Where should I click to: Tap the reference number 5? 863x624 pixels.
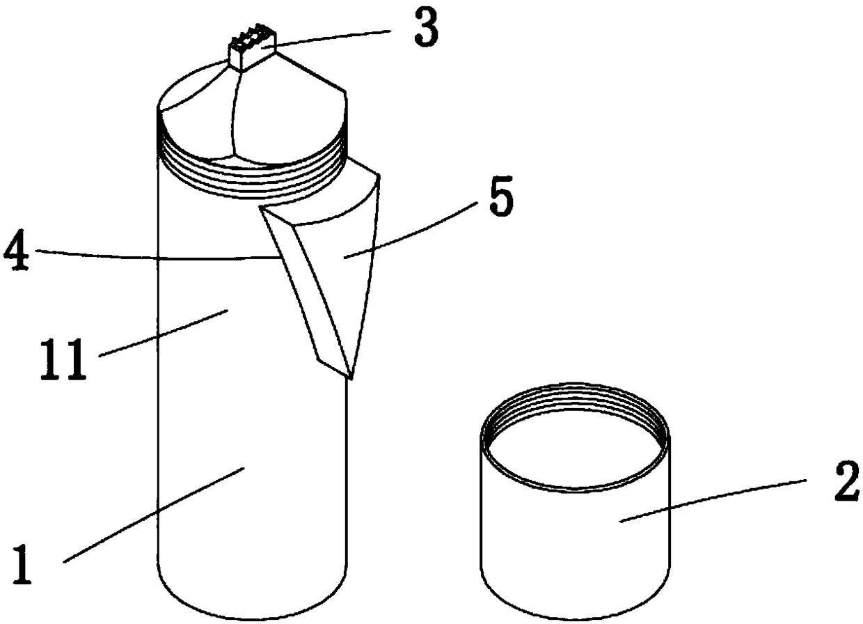click(502, 196)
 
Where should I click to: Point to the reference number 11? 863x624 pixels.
click(63, 359)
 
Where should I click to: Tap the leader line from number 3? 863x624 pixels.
click(333, 38)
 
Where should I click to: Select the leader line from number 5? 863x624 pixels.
click(409, 231)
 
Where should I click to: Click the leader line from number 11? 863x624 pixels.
click(164, 334)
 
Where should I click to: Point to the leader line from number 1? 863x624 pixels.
click(154, 515)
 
